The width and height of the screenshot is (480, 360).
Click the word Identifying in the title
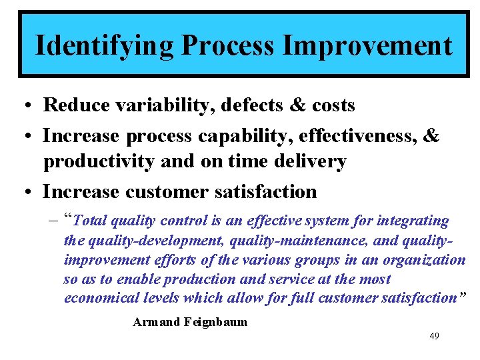(x=103, y=46)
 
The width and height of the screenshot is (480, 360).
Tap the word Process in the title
(x=227, y=46)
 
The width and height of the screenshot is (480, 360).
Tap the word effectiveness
(x=356, y=136)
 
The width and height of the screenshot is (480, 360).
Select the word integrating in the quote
(x=414, y=221)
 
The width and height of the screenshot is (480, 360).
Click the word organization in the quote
(x=427, y=259)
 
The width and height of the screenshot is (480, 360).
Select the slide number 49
(x=434, y=336)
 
